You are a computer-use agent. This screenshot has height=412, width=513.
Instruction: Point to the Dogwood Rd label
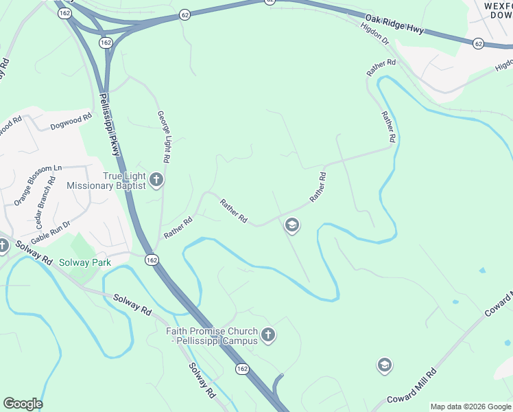[x=71, y=123]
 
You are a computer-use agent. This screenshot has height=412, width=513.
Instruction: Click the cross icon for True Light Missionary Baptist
[x=156, y=180]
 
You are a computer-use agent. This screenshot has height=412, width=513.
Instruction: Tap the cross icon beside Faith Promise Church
[x=268, y=335]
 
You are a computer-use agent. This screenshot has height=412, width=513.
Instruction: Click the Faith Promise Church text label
[x=211, y=336]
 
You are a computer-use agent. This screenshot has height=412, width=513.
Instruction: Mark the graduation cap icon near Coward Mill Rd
[x=385, y=365]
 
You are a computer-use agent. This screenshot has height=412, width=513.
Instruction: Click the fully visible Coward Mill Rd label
[x=412, y=388]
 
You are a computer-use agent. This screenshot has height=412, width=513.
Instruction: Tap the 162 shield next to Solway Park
[x=152, y=260]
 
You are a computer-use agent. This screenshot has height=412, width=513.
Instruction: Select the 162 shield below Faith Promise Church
[x=241, y=369]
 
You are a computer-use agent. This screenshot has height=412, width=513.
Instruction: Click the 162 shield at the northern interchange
[x=105, y=43]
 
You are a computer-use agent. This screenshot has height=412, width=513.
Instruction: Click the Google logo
[x=23, y=404]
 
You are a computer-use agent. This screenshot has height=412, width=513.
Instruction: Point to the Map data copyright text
[x=470, y=407]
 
